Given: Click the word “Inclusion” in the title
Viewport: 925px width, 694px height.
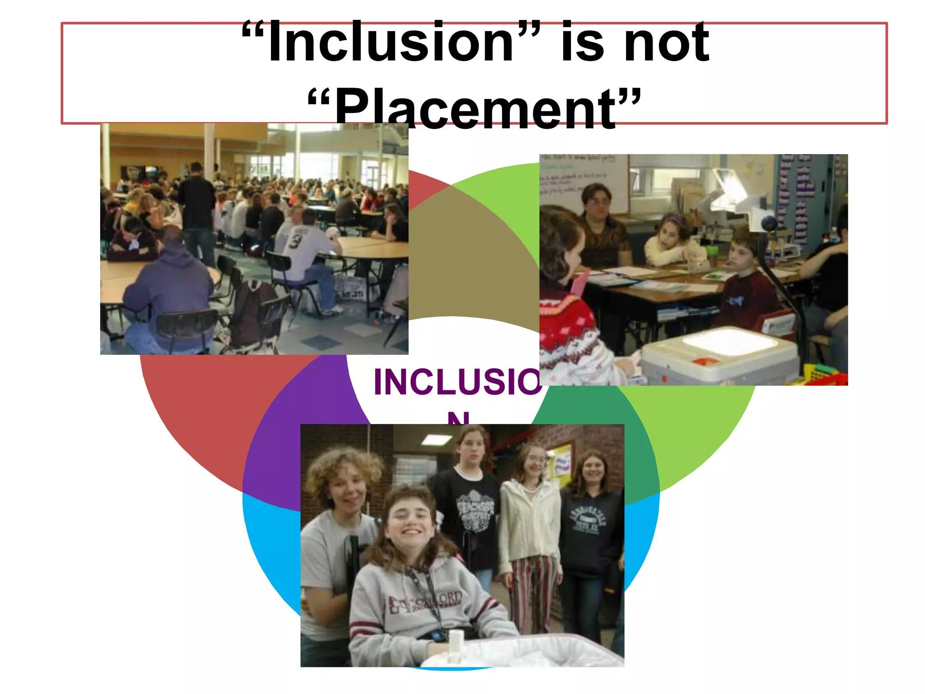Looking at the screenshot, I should (x=391, y=43).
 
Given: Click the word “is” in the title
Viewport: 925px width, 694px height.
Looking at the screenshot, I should (x=582, y=43).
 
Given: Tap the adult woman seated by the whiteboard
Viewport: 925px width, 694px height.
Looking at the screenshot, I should (x=601, y=226).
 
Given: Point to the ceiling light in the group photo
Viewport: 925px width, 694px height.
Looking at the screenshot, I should (x=436, y=439).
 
